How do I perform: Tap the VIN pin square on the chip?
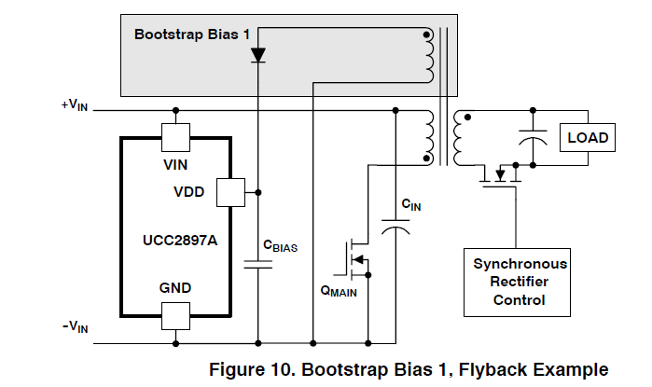(x=175, y=138)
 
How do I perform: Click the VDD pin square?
(x=229, y=193)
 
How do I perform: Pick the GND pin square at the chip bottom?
(x=175, y=315)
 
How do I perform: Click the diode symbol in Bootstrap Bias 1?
(x=258, y=55)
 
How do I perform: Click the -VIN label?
(x=76, y=325)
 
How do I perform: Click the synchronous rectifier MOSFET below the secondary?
(x=499, y=173)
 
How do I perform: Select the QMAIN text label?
(x=338, y=290)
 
